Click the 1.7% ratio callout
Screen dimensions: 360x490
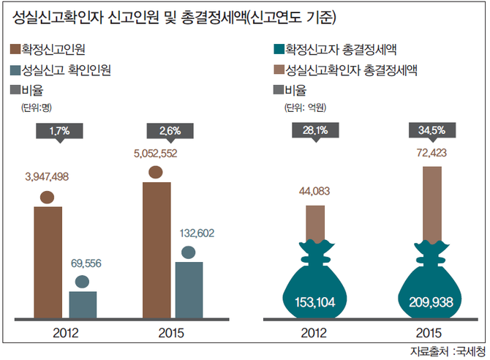[x=59, y=131]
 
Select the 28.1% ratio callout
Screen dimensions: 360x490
[x=314, y=131]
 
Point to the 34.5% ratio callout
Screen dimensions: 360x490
[x=431, y=131]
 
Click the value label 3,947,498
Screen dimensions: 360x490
[x=46, y=176]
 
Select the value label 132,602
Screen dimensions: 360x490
[x=189, y=233]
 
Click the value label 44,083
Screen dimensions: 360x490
[x=316, y=192]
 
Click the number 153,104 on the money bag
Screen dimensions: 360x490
[x=315, y=301]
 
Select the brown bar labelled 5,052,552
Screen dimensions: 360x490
[x=156, y=249]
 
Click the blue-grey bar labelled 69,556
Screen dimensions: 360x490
[x=83, y=304]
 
